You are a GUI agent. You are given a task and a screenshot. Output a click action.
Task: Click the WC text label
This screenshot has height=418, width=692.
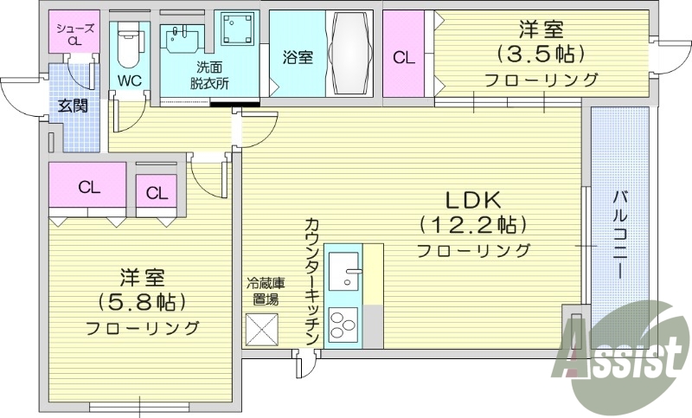click(x=131, y=80)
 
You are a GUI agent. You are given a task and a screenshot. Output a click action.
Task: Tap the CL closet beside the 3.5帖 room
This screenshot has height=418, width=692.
click(x=404, y=58)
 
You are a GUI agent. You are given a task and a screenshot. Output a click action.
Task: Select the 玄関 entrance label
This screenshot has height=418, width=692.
click(x=72, y=106)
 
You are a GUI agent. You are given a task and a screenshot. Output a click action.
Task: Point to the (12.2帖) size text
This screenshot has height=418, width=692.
click(x=473, y=224)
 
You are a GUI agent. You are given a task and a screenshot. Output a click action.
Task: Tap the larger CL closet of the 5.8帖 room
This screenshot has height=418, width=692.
click(x=88, y=187)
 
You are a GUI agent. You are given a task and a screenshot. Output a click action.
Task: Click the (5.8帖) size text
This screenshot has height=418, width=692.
click(x=143, y=303)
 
